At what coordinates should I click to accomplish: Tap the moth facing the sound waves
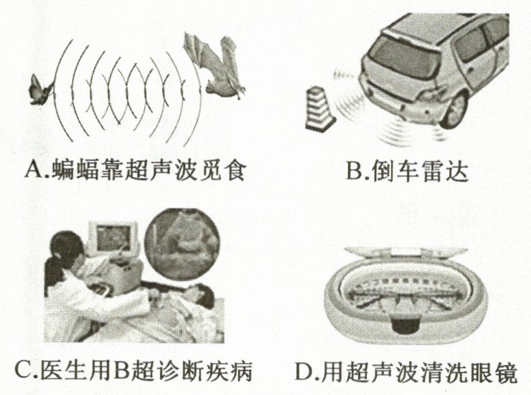click(41, 90)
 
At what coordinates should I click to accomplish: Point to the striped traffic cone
click(320, 109)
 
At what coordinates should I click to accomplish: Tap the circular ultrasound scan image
click(182, 244)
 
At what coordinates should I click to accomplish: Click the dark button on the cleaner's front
click(406, 325)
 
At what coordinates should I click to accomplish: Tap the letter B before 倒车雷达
click(354, 171)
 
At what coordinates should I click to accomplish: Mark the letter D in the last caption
click(304, 371)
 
